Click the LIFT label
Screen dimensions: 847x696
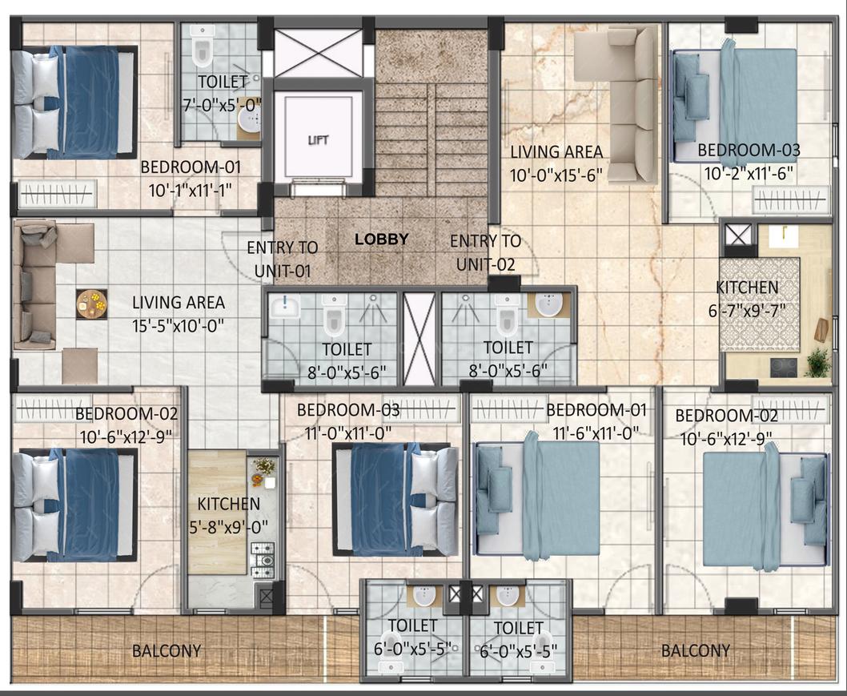[318, 140]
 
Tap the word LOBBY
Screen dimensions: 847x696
[381, 239]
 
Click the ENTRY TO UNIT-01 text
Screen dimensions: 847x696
[282, 259]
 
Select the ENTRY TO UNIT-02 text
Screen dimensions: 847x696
[486, 253]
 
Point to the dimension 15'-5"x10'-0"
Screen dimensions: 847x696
[179, 326]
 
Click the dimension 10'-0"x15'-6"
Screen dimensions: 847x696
[556, 175]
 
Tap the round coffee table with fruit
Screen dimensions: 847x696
[91, 304]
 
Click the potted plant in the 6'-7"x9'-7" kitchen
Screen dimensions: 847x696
[817, 363]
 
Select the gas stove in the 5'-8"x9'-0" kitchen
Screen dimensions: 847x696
[262, 560]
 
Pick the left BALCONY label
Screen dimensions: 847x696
[167, 650]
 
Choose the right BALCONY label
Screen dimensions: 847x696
[696, 650]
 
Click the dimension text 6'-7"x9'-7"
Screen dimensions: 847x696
[747, 311]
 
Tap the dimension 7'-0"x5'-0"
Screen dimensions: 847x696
[222, 105]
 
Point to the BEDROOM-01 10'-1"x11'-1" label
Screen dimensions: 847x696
[191, 179]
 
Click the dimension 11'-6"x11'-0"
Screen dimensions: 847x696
[596, 432]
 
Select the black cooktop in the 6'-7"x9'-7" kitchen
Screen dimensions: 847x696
[783, 368]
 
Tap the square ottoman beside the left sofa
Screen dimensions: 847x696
[80, 366]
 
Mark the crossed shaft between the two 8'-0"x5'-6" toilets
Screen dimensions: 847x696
[419, 339]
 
